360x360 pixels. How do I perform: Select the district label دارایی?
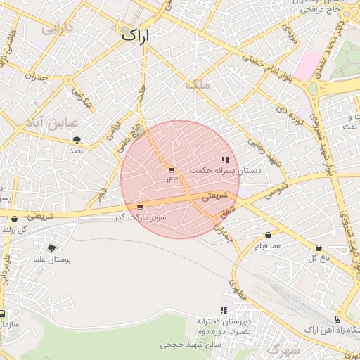58,29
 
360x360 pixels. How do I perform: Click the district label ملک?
198,84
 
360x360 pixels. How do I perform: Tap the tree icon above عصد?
76,141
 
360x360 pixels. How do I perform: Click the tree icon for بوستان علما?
51,247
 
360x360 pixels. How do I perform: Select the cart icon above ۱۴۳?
172,170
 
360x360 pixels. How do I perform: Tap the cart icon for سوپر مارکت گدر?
140,207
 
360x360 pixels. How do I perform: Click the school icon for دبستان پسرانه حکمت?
225,160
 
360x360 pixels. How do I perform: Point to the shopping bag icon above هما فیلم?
268,236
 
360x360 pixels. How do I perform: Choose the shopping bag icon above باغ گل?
319,247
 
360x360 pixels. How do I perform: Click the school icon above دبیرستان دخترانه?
224,310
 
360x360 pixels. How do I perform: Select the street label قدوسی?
274,190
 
